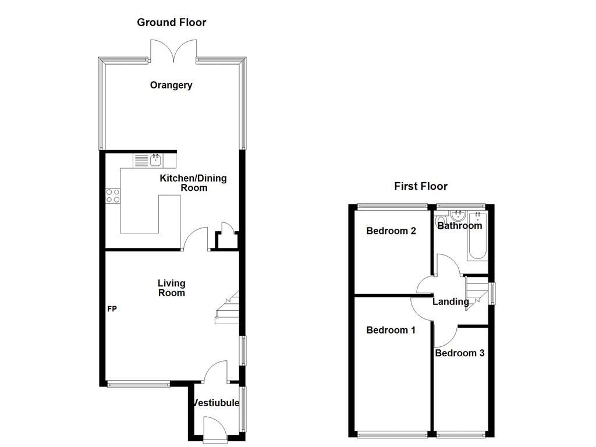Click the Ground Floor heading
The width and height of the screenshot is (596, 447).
(171, 23)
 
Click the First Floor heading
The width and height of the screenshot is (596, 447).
(421, 186)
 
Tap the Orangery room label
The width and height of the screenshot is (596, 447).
(171, 86)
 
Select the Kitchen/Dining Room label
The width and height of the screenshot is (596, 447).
(193, 183)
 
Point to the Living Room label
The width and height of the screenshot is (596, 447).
(171, 288)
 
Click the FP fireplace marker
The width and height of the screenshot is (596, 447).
(112, 309)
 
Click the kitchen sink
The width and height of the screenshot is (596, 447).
(155, 159)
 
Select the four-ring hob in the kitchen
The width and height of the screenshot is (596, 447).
(113, 196)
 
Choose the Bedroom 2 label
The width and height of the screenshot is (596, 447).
(391, 231)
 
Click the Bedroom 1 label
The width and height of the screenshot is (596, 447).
(391, 330)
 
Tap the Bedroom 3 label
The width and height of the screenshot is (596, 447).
(459, 353)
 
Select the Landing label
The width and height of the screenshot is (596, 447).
(450, 301)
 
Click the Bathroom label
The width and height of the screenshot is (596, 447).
(460, 226)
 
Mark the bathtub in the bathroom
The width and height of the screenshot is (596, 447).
(477, 239)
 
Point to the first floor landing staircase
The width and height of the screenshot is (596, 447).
(476, 291)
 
